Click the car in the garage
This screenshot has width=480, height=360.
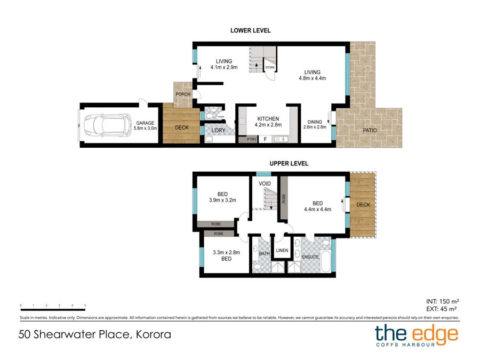106,125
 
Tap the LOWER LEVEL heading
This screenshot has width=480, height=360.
250,30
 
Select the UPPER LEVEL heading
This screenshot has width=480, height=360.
290,164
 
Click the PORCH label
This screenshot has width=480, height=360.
183,94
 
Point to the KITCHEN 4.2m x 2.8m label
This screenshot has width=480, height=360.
268,122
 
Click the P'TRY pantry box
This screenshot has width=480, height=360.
251,139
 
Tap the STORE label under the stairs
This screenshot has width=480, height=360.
270,68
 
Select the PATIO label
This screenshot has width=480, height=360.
370,130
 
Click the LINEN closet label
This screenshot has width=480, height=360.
282,250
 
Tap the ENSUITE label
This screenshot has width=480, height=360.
310,257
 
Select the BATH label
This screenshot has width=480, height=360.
265,253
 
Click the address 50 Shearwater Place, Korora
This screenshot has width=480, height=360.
94,335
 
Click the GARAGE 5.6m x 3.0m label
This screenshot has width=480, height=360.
145,125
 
